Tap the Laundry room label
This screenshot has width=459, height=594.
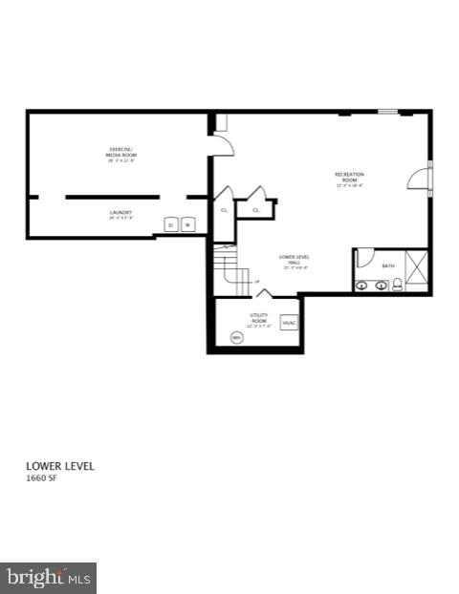click(x=120, y=215)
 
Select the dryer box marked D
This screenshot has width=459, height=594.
click(x=172, y=225)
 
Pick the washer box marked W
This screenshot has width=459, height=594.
click(x=188, y=225)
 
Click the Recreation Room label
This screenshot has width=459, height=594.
click(x=349, y=180)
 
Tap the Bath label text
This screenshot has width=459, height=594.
click(x=387, y=265)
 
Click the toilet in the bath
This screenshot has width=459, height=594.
click(x=397, y=284)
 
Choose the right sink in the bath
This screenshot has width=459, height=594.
click(x=380, y=285)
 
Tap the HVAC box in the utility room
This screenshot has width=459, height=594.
click(x=289, y=323)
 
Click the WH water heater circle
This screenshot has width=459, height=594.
click(x=236, y=337)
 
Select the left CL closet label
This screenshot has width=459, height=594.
click(x=224, y=210)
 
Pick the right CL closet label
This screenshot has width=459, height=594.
click(x=255, y=210)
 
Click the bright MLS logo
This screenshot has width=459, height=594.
click(x=48, y=578)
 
